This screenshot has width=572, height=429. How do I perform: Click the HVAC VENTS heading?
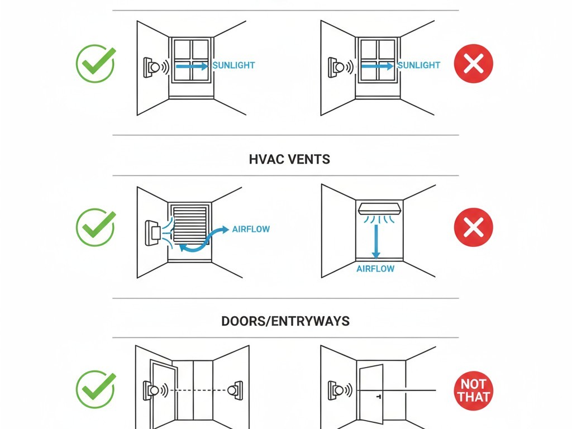289,159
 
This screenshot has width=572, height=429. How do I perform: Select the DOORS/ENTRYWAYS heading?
285,321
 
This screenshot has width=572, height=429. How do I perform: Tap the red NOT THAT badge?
474,390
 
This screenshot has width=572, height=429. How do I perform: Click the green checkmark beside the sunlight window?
96,64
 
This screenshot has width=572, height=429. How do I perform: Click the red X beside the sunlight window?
474,64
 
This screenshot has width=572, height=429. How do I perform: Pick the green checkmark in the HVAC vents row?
96,227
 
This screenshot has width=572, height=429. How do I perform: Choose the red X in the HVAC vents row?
474,227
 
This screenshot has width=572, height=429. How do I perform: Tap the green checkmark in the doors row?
96,389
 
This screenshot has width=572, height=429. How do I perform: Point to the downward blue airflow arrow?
376,241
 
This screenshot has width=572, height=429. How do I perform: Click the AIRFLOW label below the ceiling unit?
375,269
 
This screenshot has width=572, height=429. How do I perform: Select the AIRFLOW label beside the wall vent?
251,229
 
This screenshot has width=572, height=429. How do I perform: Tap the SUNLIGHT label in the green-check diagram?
233,65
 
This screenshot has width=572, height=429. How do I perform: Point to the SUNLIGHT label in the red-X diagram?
418,65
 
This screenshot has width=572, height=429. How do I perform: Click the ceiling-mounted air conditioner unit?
379,208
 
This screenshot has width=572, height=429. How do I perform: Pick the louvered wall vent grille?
190,225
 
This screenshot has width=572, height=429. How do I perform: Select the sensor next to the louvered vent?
153,233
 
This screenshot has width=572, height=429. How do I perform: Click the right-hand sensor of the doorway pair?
235,390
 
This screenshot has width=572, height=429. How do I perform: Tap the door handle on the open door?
379,396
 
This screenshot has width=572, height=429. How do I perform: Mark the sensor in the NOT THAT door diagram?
336,390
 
